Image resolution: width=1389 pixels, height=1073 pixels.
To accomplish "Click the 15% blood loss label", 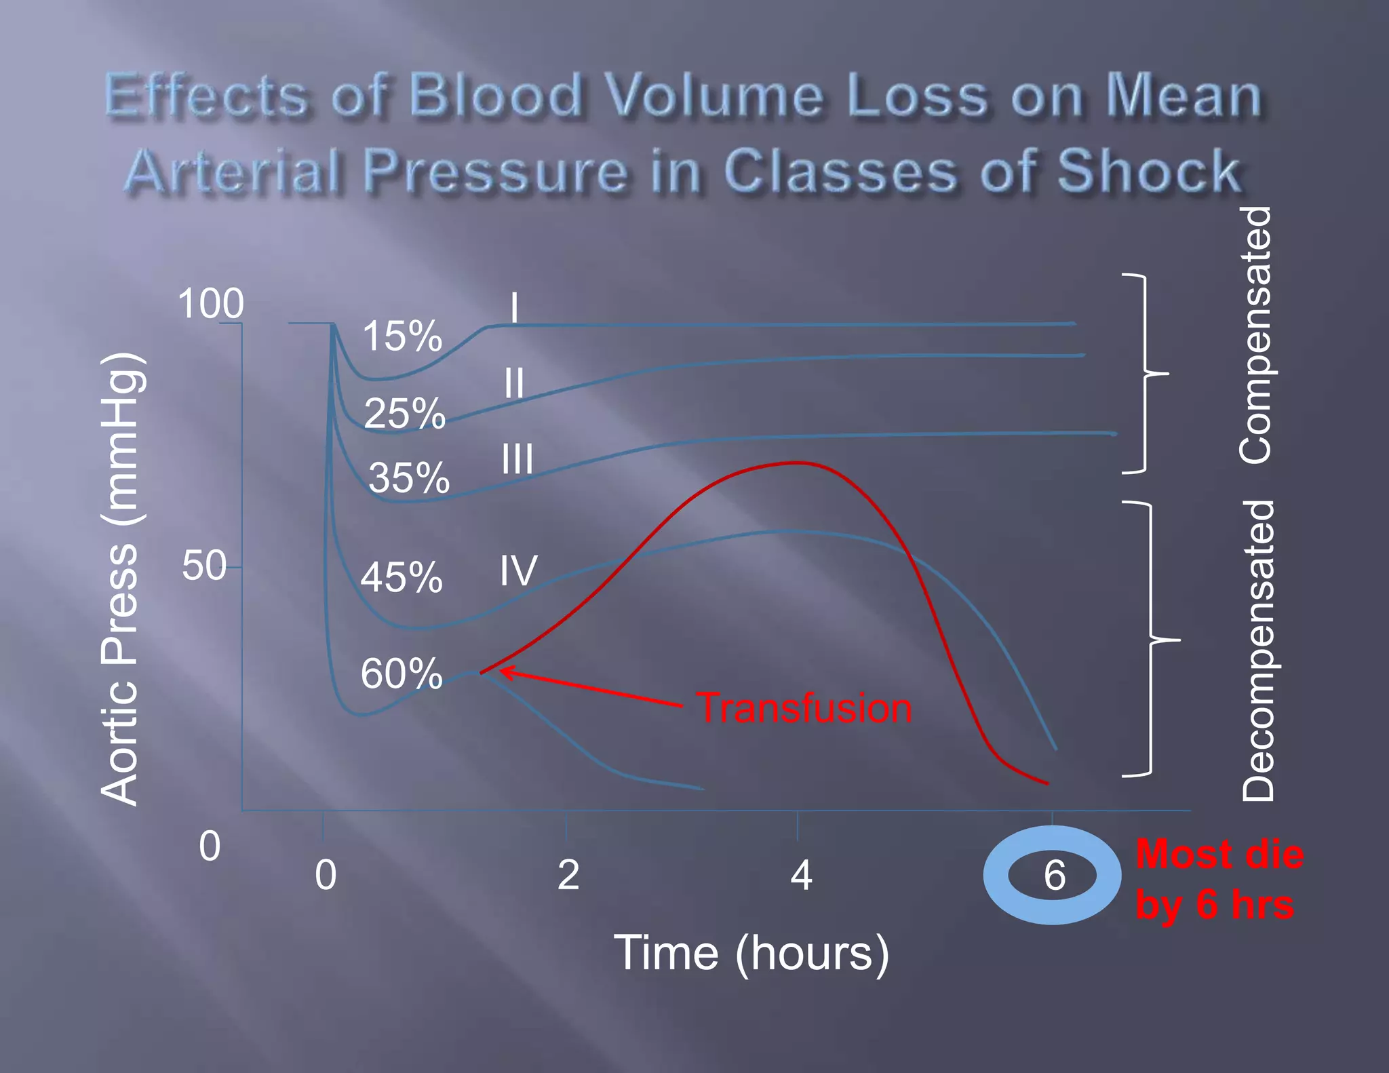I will coord(402,336).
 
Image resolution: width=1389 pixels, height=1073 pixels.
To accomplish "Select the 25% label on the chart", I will coord(404,413).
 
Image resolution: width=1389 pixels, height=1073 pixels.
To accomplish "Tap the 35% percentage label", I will coord(408,477).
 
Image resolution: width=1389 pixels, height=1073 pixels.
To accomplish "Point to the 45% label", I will coord(401,578).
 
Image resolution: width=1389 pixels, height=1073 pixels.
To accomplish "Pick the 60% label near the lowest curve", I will coord(401,674).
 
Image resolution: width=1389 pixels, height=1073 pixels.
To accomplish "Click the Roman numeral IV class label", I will coord(518,570).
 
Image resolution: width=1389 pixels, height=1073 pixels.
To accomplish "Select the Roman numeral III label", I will coord(517,459).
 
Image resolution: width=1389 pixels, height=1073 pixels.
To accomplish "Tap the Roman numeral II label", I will coord(513,383).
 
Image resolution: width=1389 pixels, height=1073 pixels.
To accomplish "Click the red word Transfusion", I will coord(804,707).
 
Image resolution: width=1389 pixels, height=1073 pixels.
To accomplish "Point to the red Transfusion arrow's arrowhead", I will coord(504,671).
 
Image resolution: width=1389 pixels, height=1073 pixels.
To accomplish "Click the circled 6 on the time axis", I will coord(1053,875).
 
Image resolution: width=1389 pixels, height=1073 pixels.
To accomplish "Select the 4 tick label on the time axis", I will coord(801,875).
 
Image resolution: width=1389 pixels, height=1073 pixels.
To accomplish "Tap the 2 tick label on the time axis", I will coord(568,875).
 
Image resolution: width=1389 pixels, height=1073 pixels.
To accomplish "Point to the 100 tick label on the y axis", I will coord(210,303).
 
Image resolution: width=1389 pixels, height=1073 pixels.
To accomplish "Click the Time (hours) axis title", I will coord(751,953).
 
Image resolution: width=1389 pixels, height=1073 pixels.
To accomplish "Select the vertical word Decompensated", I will coord(1258,651).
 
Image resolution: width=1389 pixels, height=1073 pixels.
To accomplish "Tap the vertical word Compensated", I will coord(1255,336).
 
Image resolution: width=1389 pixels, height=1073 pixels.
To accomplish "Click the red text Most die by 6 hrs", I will coord(1218,879).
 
